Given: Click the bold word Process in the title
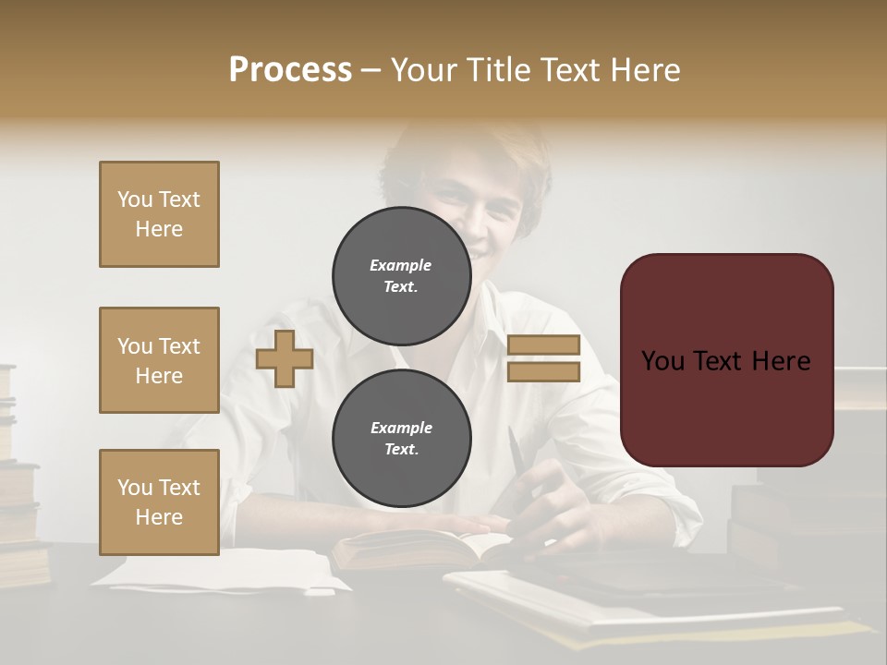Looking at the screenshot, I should click(290, 69).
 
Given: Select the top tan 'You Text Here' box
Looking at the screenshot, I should click(159, 214).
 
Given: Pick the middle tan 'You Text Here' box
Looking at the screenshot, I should click(159, 360).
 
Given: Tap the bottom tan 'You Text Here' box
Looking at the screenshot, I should click(159, 502).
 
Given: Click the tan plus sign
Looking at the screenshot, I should click(285, 358).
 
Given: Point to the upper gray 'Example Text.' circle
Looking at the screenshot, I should click(401, 275).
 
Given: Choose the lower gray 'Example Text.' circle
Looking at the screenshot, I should click(401, 438).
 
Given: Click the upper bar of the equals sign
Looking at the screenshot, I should click(543, 345).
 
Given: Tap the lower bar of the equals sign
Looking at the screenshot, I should click(543, 371).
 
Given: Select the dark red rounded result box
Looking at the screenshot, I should click(726, 360).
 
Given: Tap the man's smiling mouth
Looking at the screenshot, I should click(477, 248).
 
